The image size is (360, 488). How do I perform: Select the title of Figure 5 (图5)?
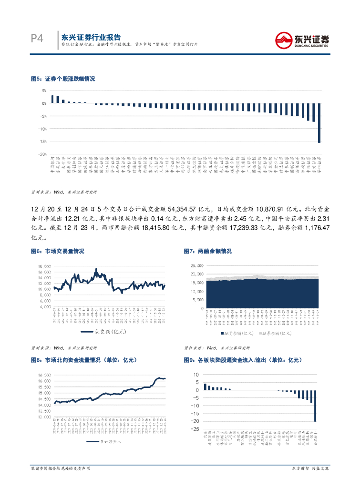62,79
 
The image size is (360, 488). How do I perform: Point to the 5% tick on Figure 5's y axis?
43,90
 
